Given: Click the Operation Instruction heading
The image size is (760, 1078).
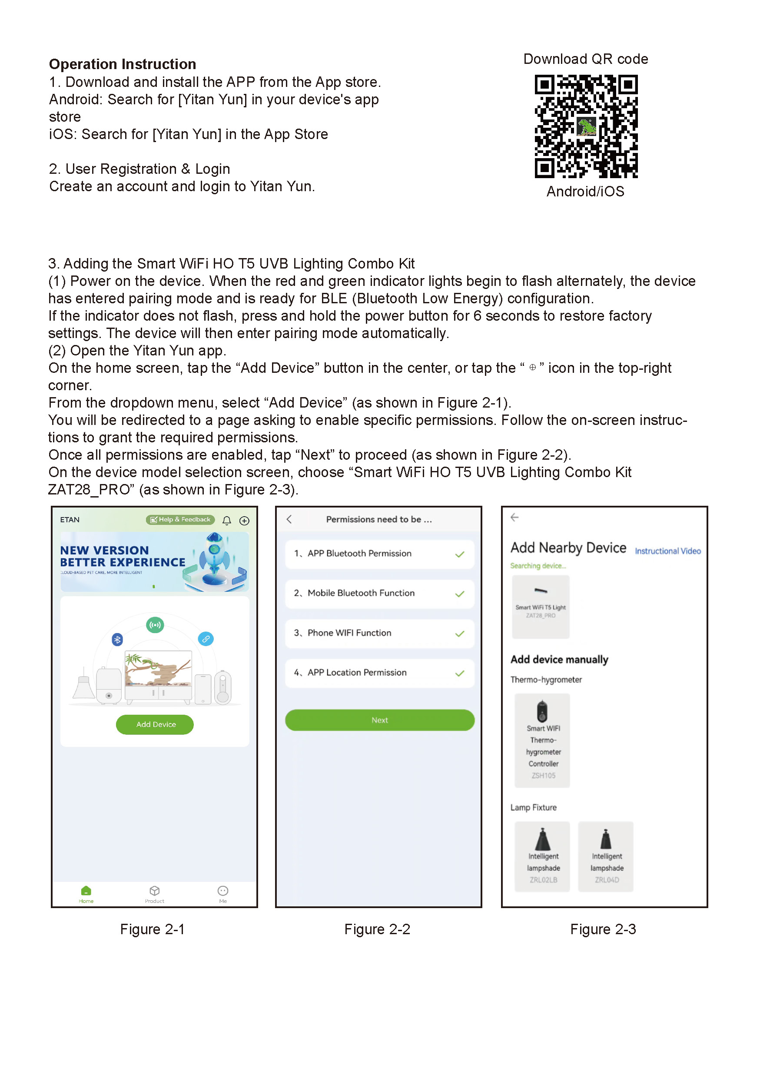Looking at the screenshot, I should (x=123, y=64).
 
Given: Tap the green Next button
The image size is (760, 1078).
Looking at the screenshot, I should (x=379, y=720).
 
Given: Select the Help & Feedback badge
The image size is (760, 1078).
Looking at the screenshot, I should (x=180, y=520).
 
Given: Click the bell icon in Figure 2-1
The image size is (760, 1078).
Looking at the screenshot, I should (x=227, y=520).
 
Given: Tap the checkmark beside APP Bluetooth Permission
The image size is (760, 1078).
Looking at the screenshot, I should (x=460, y=554).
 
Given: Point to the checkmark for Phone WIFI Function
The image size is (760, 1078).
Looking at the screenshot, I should (x=460, y=634).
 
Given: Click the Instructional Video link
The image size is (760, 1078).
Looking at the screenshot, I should (x=667, y=551).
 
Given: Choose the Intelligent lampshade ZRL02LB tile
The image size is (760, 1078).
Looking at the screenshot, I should (x=543, y=856).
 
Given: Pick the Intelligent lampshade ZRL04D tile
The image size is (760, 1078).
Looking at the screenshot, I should (x=606, y=856).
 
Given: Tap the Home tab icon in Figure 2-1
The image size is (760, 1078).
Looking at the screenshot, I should (x=86, y=891).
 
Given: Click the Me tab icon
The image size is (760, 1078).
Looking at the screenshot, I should (x=223, y=891).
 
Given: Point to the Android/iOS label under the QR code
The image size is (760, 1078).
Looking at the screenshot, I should (x=585, y=192).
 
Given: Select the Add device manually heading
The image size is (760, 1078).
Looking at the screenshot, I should (x=559, y=660).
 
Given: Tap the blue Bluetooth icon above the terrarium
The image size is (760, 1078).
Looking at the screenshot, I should (x=117, y=639).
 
